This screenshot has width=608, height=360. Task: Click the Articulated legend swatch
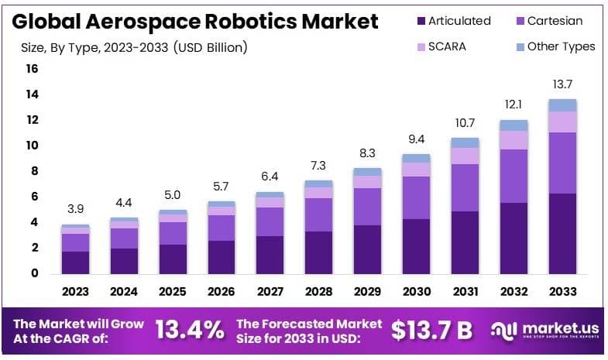[x=421, y=21]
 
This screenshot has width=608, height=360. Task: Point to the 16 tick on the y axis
[x=32, y=69]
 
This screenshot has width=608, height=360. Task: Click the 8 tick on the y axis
[x=33, y=171]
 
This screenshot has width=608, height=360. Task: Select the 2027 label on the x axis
[x=270, y=293]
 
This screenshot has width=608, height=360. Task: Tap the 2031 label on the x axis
[x=466, y=293]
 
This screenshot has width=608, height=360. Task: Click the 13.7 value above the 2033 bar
[x=563, y=84]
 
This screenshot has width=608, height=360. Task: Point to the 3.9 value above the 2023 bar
[x=76, y=210]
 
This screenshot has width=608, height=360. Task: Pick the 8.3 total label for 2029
[x=368, y=153]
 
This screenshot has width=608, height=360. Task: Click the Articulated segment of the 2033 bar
[x=563, y=233]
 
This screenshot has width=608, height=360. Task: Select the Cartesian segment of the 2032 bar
[x=514, y=176]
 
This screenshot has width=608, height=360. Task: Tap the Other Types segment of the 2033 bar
[x=563, y=105]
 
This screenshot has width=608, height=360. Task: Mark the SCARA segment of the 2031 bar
[x=465, y=156]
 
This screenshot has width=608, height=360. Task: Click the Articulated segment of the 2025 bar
[x=173, y=259]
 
